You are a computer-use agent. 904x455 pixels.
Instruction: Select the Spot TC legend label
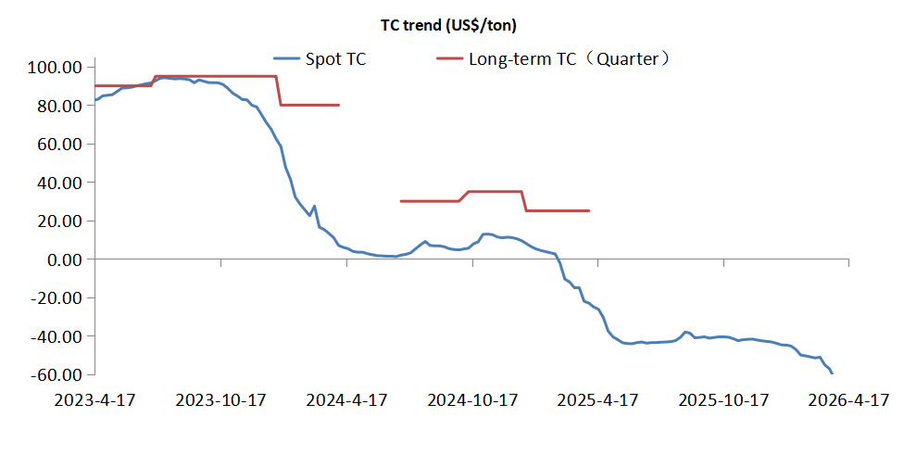335,59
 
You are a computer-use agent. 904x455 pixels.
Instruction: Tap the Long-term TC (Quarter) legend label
569,59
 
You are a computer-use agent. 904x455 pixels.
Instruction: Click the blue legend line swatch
287,59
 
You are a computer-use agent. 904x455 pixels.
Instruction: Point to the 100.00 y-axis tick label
56,68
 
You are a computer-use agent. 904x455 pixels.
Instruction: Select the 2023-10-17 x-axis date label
220,400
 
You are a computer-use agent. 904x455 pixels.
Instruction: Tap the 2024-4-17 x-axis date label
346,400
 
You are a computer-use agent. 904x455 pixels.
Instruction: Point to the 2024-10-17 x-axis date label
472,400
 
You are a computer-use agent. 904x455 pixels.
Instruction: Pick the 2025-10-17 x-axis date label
724,400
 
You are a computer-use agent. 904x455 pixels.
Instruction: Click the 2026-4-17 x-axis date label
848,400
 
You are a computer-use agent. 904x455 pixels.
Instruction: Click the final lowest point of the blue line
832,373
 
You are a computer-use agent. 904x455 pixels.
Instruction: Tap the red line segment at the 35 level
496,192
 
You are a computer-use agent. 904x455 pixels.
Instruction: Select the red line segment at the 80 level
310,105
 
